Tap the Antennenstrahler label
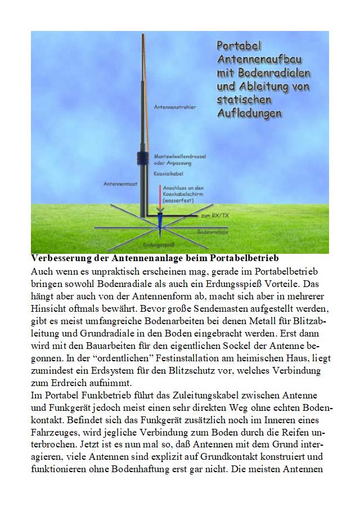174,106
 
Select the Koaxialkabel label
167,175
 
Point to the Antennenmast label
118,183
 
